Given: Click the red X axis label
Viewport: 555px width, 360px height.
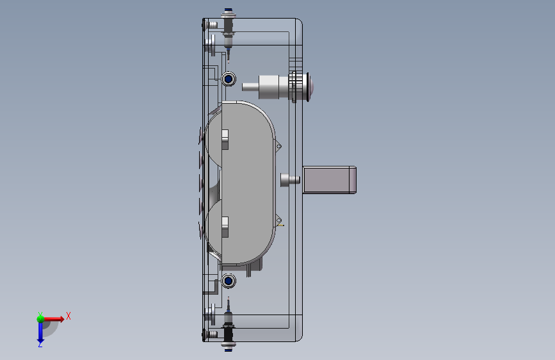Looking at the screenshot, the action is tap(68, 316).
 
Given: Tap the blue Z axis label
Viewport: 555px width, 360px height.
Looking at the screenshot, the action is tap(40, 344).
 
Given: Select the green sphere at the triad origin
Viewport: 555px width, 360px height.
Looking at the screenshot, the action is tap(40, 318).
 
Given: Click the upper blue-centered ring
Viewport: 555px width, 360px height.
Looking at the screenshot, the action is tap(229, 79).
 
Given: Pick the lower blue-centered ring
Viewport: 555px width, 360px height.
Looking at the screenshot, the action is tap(229, 281).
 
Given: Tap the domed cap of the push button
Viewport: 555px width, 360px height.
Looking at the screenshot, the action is tap(310, 87).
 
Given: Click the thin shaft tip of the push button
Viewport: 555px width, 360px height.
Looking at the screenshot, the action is tap(250, 87).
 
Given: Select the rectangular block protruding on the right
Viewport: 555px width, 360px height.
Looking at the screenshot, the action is tap(330, 179).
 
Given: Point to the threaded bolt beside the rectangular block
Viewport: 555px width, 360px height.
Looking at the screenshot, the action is tap(290, 179).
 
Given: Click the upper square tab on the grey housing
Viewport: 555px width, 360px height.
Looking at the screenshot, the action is tap(225, 139).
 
